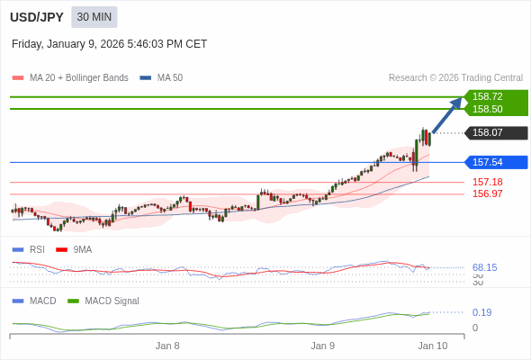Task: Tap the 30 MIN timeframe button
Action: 94,17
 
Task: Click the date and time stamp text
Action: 109,43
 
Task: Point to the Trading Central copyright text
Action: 455,78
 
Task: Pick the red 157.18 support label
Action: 488,182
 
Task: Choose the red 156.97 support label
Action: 488,193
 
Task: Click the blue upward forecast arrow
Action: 447,114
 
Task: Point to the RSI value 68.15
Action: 485,267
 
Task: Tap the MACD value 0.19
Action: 481,312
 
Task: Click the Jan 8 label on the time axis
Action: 167,346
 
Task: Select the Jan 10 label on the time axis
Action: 432,346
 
